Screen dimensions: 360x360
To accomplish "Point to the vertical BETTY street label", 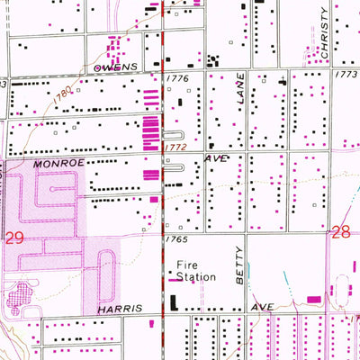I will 239,268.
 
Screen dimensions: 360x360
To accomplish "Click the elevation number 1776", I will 176,79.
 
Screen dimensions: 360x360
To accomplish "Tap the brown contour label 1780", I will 60,93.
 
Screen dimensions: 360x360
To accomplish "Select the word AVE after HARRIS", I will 261,308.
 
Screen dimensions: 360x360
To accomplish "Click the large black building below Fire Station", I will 175,302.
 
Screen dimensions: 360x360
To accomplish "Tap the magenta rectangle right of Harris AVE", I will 314,298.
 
